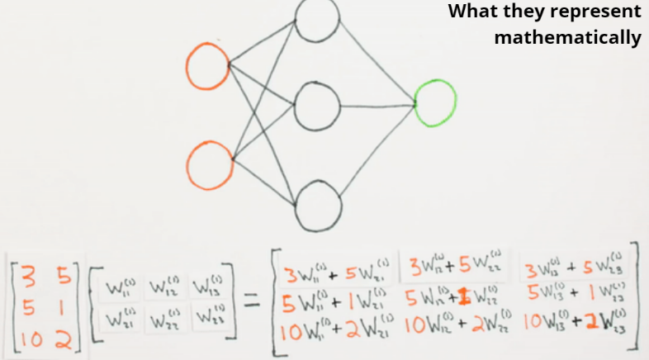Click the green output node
(x=435, y=102)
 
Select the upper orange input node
(x=207, y=66)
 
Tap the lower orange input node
(x=209, y=164)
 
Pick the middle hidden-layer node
(x=317, y=105)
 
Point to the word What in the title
(x=474, y=12)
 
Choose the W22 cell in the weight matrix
(x=167, y=317)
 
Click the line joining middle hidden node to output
(x=377, y=105)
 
